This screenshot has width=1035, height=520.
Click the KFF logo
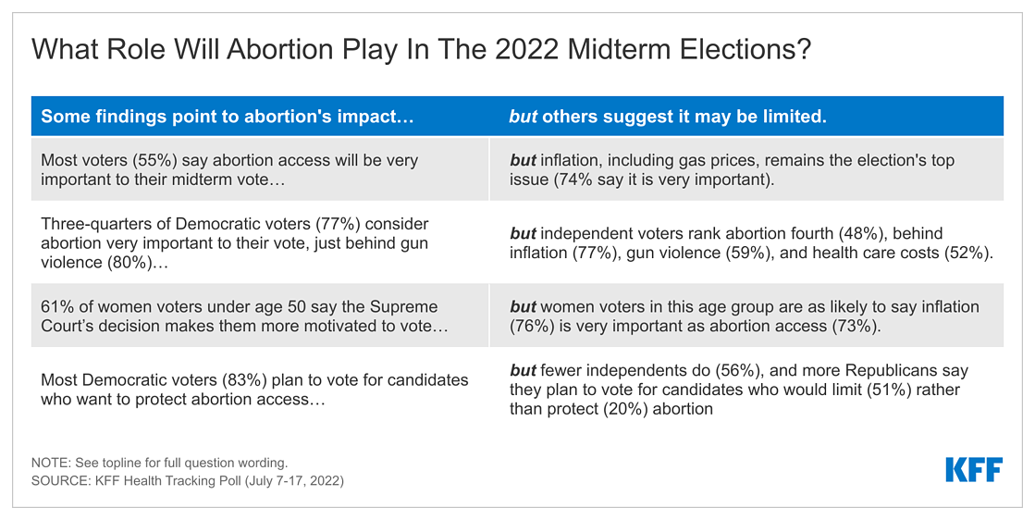click(x=974, y=469)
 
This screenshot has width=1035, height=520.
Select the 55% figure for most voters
click(x=154, y=161)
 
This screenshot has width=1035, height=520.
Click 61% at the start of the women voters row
click(x=55, y=307)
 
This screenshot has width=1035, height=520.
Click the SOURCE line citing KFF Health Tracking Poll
click(x=188, y=481)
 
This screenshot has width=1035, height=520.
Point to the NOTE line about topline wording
click(x=160, y=464)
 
